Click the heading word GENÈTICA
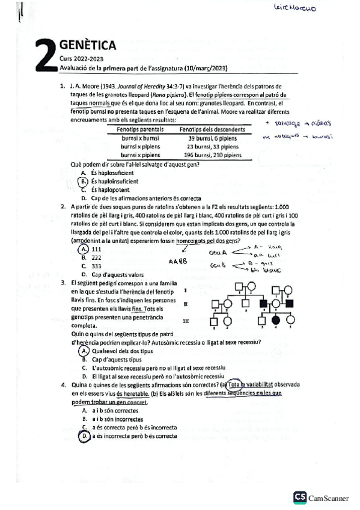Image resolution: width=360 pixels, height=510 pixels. click(88, 45)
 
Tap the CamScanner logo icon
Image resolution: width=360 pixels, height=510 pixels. click(300, 497)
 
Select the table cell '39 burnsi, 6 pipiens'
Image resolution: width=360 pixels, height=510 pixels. click(208, 138)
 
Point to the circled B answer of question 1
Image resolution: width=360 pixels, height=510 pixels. click(84, 181)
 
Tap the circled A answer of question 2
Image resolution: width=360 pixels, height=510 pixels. click(84, 249)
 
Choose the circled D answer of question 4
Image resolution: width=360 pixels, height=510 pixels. click(85, 435)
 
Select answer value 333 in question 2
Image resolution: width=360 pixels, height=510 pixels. click(96, 265)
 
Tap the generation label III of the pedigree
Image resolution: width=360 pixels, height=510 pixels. click(186, 321)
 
